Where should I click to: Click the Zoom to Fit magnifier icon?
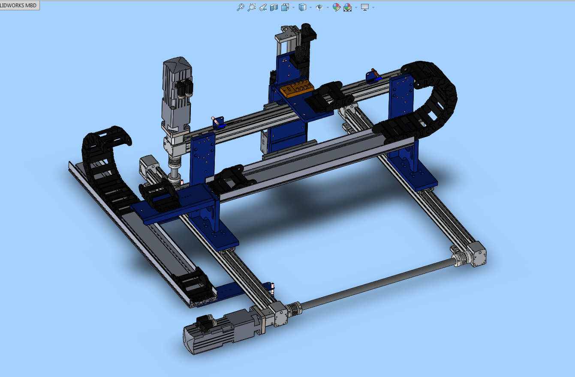click(241, 7)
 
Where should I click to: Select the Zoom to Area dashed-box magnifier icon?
click(252, 7)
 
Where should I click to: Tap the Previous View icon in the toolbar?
click(263, 7)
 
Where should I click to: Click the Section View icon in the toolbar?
click(274, 7)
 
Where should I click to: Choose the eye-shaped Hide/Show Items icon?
click(319, 7)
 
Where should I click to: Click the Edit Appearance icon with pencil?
click(336, 7)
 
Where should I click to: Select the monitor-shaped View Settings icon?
click(365, 7)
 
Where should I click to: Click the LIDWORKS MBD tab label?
click(19, 5)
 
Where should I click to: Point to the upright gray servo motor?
click(176, 94)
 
